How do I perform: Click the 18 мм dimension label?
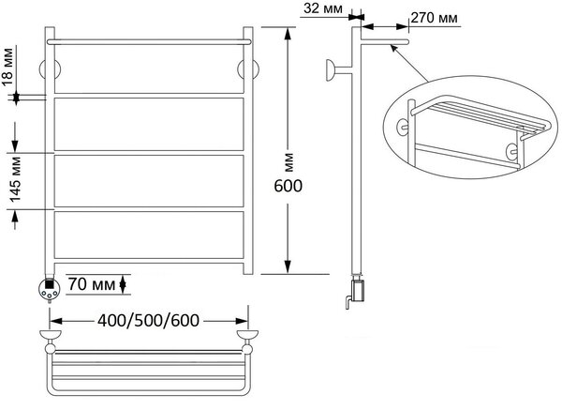[x=7, y=68]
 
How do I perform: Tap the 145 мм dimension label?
[x=15, y=179]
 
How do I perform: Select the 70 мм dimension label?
[x=92, y=284]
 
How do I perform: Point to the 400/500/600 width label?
[x=148, y=321]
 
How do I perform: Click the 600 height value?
[x=288, y=186]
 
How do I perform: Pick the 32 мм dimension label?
[x=323, y=8]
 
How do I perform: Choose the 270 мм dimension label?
[x=434, y=17]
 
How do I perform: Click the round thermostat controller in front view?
[x=49, y=288]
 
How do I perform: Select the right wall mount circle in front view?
[x=248, y=68]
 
